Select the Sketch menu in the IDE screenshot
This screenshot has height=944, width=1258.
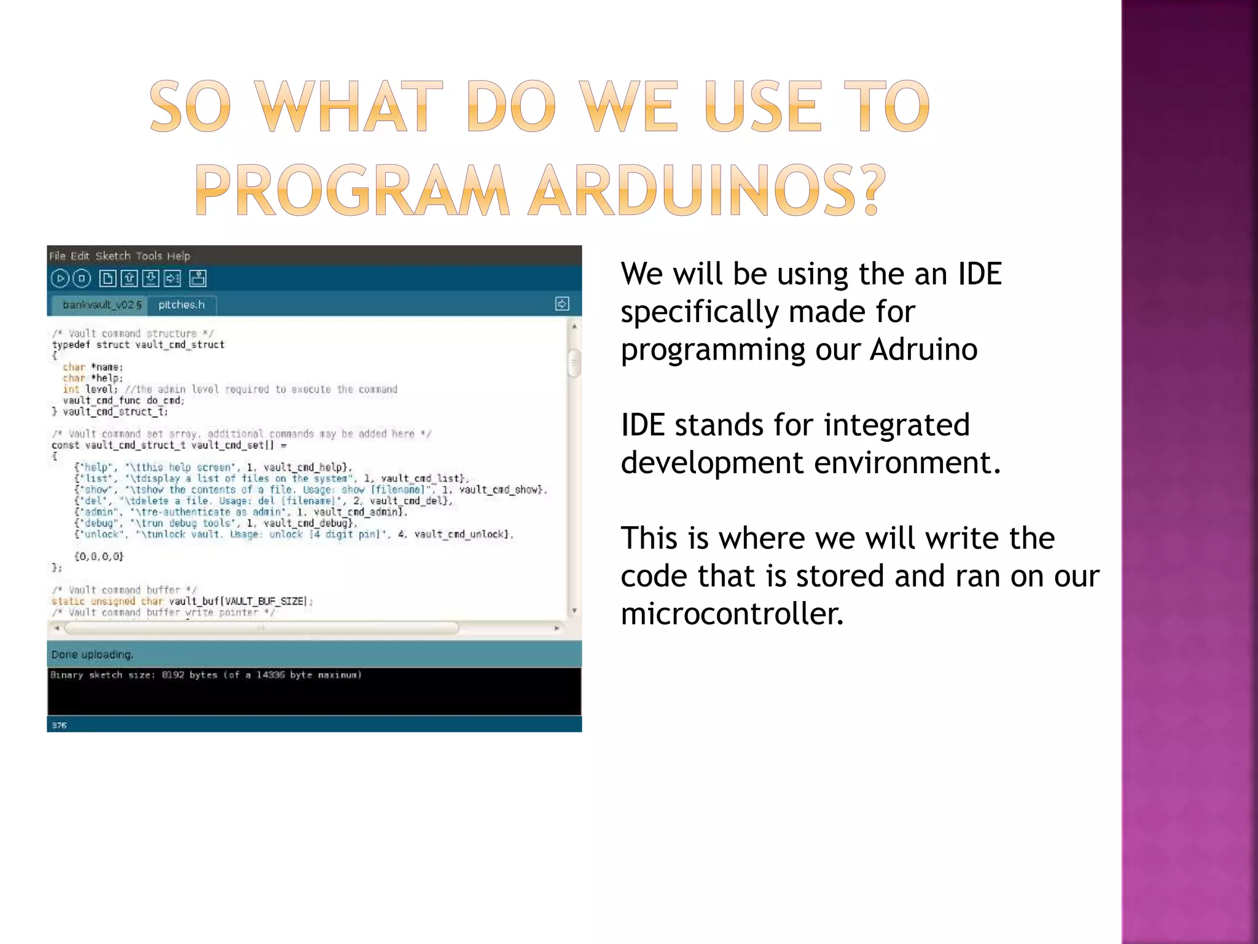[x=113, y=256]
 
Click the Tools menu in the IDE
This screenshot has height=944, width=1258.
[x=149, y=256]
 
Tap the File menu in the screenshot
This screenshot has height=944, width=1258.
[x=57, y=256]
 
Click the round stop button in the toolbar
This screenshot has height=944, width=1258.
[x=82, y=278]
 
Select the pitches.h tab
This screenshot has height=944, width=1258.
[x=181, y=304]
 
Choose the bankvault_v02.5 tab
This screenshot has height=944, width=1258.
[x=102, y=304]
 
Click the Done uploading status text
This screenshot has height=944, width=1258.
[x=92, y=655]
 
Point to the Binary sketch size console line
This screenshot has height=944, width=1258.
[x=206, y=675]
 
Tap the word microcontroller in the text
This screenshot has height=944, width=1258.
[x=732, y=613]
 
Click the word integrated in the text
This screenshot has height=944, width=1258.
[x=896, y=425]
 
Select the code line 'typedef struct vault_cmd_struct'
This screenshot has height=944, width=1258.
[x=138, y=345]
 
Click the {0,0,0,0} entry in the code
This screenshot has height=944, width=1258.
[x=99, y=556]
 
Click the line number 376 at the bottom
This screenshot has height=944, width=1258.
[x=59, y=725]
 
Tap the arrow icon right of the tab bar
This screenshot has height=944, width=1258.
[x=561, y=304]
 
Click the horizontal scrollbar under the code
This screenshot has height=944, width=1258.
[x=261, y=628]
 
